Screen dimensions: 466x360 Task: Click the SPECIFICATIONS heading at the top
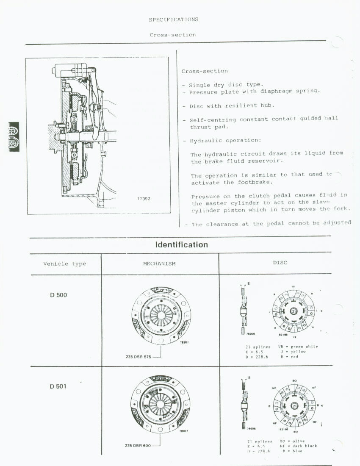[x=173, y=19]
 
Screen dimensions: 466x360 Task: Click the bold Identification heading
[x=181, y=245]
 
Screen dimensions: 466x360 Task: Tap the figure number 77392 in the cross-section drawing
[x=144, y=199]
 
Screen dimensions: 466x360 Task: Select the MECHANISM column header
[x=159, y=264]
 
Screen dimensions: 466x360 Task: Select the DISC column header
[x=280, y=263]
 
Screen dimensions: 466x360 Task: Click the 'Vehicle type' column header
[x=64, y=264]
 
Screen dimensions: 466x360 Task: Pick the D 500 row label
[x=58, y=295]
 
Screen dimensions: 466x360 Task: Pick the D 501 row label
[x=58, y=386]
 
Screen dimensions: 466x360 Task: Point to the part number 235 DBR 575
[x=138, y=357]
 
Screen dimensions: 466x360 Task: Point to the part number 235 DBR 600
[x=138, y=446]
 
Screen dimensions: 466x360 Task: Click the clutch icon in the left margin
[x=13, y=136]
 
